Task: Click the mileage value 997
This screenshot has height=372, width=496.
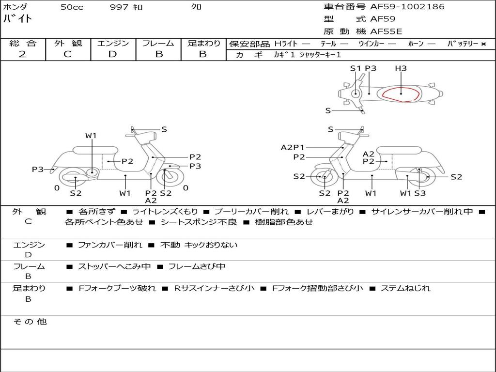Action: [x=119, y=7]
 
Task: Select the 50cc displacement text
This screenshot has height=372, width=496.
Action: [x=72, y=7]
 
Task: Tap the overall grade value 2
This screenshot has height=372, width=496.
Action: [x=22, y=54]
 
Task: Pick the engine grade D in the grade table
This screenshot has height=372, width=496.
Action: [x=112, y=54]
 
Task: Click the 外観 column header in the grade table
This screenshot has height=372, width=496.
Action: [x=68, y=43]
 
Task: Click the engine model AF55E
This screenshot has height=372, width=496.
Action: [x=386, y=31]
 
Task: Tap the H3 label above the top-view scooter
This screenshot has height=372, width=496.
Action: [x=401, y=68]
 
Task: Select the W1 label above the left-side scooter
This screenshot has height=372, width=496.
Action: [x=91, y=136]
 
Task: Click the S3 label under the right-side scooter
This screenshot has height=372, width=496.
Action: [x=419, y=193]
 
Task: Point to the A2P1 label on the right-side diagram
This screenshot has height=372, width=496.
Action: [x=293, y=147]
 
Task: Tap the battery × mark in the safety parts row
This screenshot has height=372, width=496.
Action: [x=483, y=44]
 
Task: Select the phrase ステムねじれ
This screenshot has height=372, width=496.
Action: [x=405, y=288]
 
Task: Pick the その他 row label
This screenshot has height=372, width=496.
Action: [x=30, y=322]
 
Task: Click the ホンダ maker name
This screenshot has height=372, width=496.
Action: [x=15, y=7]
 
